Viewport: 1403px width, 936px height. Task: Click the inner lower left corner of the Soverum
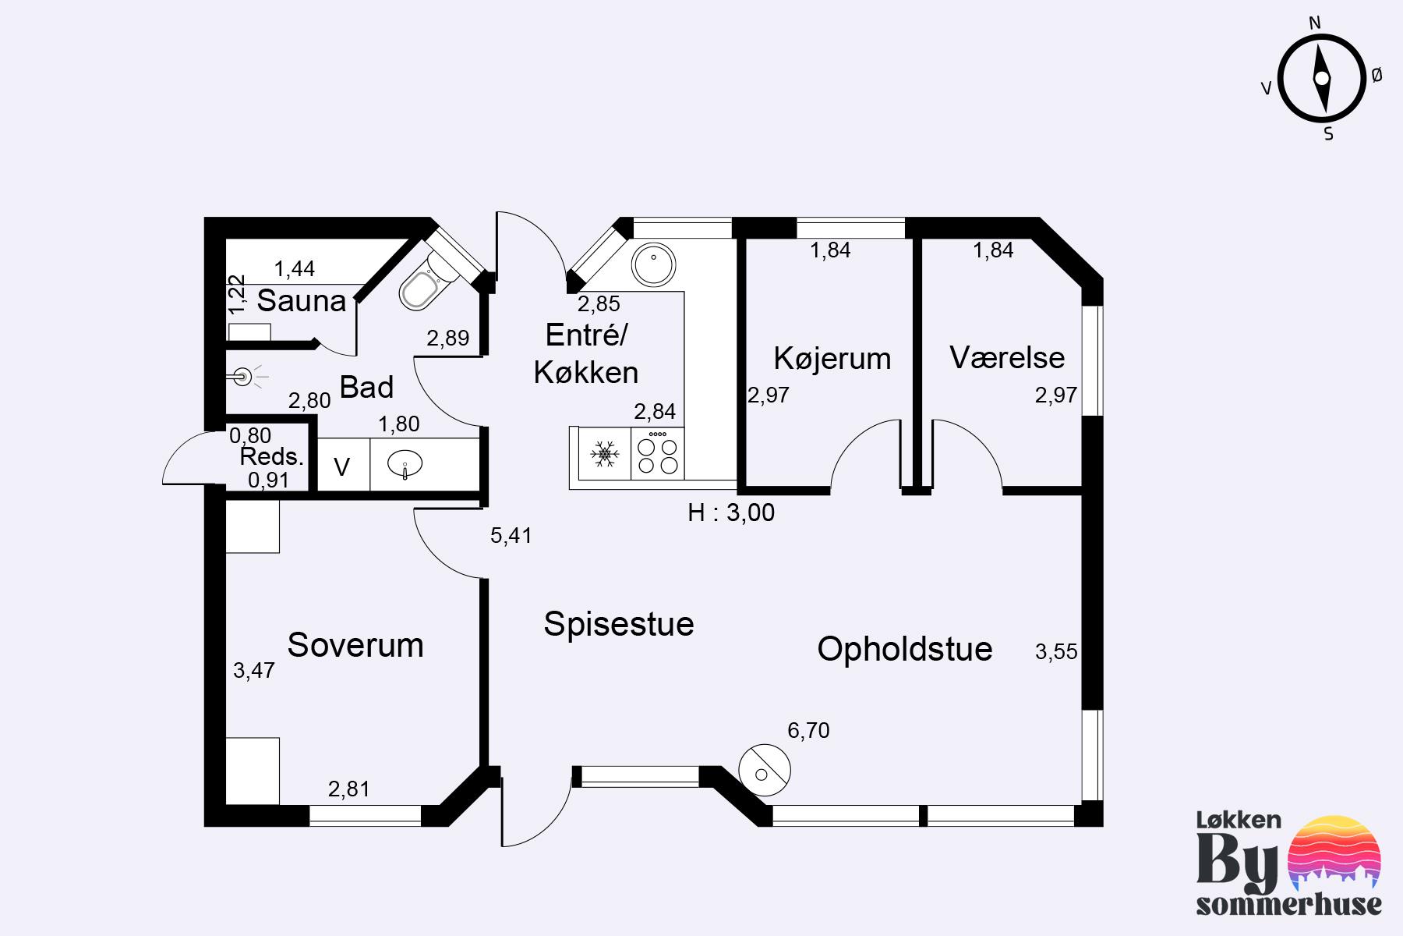click(227, 804)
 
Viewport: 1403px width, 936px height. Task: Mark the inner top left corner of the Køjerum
click(747, 239)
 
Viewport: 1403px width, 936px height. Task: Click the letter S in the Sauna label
click(267, 301)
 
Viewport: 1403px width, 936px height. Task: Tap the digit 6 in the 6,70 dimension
click(793, 731)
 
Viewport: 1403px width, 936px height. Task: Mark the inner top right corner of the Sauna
click(410, 239)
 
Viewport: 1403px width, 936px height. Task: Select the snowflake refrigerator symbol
click(604, 453)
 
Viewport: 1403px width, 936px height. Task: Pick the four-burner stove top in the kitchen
click(658, 453)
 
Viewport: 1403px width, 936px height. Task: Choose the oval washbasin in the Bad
click(406, 465)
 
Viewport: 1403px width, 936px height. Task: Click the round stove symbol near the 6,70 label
click(764, 770)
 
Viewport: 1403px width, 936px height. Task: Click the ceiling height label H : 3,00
click(731, 512)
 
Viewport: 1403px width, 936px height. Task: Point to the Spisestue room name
click(619, 624)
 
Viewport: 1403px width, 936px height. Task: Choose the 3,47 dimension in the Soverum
click(254, 670)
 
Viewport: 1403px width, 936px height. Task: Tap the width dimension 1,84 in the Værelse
click(993, 250)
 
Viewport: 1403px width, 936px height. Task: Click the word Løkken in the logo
click(1239, 820)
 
